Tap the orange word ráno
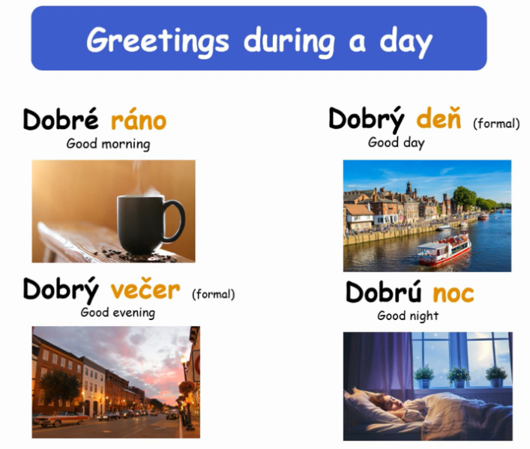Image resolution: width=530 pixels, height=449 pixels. point(139,120)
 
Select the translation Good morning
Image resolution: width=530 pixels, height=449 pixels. point(108,144)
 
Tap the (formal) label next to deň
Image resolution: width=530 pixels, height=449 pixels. point(496,124)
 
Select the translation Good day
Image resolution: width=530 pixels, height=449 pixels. point(396,142)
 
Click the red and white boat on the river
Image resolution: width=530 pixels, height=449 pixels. point(444,250)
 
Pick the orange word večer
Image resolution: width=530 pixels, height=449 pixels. point(145,289)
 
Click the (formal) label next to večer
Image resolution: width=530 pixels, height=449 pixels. point(214,295)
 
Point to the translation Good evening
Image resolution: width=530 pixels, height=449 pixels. point(118,313)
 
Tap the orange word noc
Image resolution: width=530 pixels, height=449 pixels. point(454,293)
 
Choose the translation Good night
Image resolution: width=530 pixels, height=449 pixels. point(408,316)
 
